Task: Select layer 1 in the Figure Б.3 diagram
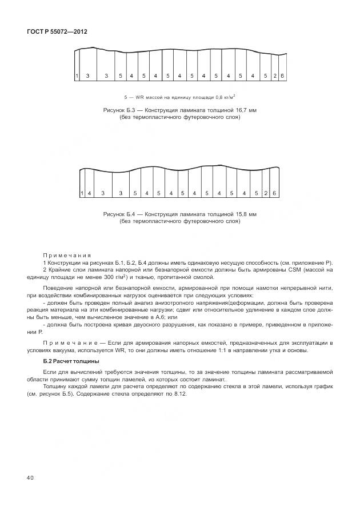pyautogui.click(x=77, y=75)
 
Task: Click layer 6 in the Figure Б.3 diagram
pyautogui.click(x=282, y=75)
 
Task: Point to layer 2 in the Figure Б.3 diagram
pyautogui.click(x=275, y=75)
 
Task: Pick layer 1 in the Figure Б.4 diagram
pyautogui.click(x=82, y=193)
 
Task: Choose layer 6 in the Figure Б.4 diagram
pyautogui.click(x=274, y=193)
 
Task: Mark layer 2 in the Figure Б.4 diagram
pyautogui.click(x=266, y=193)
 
